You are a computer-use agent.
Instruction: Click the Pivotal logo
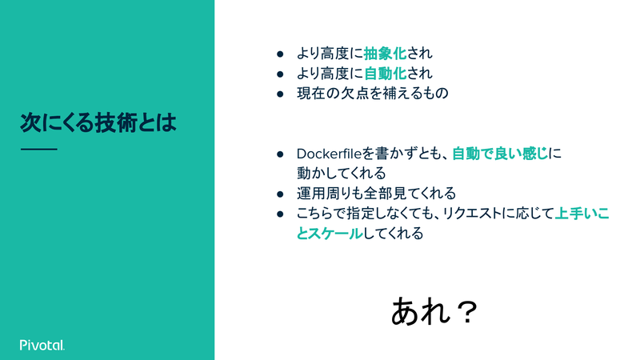(x=42, y=345)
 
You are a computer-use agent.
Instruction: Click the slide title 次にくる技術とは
(x=98, y=122)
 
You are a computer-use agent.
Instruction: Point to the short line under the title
(x=38, y=150)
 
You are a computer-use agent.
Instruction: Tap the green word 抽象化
(x=385, y=54)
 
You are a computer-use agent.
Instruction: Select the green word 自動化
(x=385, y=74)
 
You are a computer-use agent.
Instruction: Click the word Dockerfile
(x=330, y=154)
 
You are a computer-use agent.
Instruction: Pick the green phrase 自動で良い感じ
(x=499, y=154)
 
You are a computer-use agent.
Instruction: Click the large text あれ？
(x=434, y=311)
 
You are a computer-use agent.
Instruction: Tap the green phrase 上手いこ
(x=582, y=214)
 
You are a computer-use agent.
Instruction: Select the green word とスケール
(x=330, y=234)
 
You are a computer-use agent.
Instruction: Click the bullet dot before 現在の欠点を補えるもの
(x=280, y=94)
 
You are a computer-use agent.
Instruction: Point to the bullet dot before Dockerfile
(x=280, y=154)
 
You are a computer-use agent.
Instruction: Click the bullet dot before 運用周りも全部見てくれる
(x=280, y=194)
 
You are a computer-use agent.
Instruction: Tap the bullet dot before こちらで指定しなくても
(x=280, y=214)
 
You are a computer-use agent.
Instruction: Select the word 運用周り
(x=324, y=194)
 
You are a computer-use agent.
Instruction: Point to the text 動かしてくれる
(x=342, y=174)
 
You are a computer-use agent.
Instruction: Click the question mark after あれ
(x=466, y=312)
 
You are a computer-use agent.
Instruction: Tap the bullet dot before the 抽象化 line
(x=280, y=54)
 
